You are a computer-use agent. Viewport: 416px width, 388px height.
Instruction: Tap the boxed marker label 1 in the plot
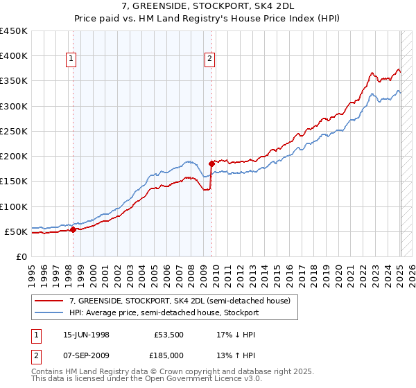(72, 60)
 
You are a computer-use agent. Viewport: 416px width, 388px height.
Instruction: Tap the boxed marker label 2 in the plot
(209, 60)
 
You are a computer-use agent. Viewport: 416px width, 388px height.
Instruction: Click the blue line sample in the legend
(49, 312)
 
